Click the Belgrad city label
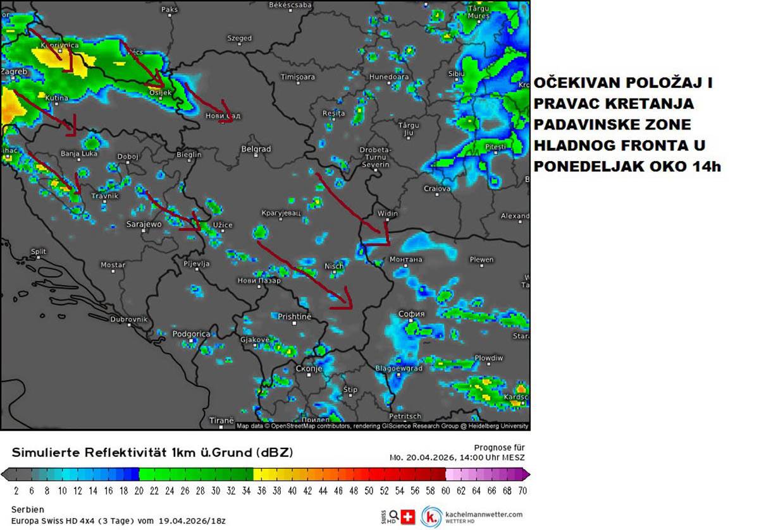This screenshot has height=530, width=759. click(256, 149)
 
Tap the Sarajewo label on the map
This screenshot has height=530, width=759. click(144, 224)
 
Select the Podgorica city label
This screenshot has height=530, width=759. click(191, 334)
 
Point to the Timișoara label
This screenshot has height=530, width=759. click(297, 77)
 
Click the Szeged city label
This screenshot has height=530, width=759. click(239, 39)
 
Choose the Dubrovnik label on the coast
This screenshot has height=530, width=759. click(128, 320)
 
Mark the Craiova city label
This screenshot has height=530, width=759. click(436, 188)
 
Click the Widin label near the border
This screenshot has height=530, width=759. click(387, 214)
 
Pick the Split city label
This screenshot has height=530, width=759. click(39, 251)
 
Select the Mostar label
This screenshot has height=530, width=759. click(113, 265)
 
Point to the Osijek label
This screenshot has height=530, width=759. click(160, 93)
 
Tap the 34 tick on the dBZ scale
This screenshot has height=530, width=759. click(246, 490)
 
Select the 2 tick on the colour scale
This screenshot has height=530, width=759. click(16, 490)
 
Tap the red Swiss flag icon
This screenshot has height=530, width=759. click(408, 517)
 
